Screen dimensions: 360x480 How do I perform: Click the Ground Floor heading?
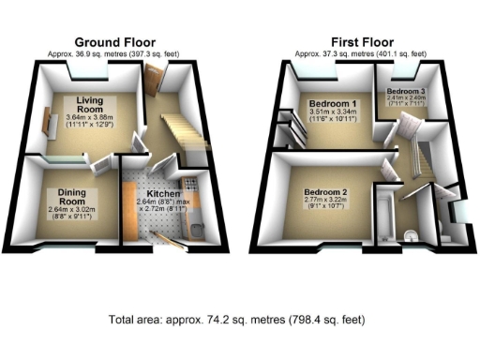click(116, 42)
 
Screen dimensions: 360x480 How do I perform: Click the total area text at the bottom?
click(240, 319)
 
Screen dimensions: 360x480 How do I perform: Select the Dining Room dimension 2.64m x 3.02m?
click(67, 215)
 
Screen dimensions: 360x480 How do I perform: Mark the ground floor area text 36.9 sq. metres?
click(116, 54)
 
